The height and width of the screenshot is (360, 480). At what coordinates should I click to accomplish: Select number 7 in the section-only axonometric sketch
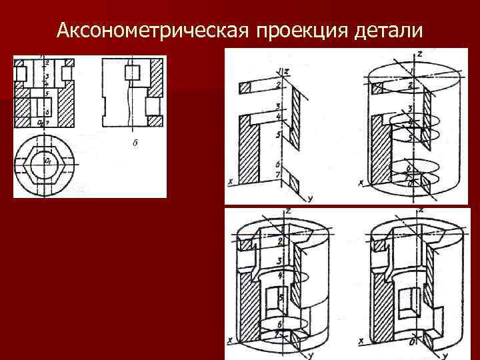click(x=276, y=175)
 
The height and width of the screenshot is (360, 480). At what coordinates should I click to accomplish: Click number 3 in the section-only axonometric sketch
click(x=276, y=107)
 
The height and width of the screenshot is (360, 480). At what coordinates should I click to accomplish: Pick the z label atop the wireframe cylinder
click(x=419, y=53)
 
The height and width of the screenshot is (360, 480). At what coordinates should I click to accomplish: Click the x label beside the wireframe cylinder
click(x=361, y=181)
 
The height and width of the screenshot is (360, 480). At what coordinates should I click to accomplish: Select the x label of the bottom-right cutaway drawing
click(x=361, y=339)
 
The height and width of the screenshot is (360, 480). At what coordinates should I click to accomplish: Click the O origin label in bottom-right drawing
click(x=414, y=342)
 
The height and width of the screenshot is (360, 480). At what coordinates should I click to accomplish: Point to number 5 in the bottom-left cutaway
click(x=282, y=297)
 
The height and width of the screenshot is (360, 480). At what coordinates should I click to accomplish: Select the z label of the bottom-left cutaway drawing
click(x=287, y=211)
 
